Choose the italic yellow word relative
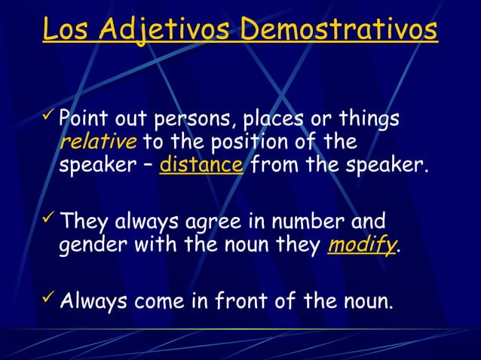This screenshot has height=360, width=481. click(x=88, y=142)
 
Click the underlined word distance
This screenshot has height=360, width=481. click(x=201, y=163)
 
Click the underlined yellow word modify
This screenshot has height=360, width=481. click(x=360, y=246)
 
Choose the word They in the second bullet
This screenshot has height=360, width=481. click(x=83, y=222)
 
